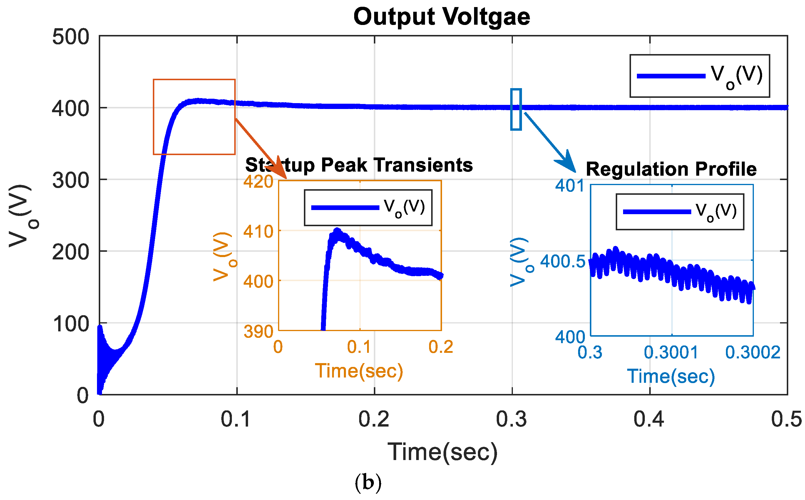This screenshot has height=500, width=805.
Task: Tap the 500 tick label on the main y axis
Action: (x=71, y=37)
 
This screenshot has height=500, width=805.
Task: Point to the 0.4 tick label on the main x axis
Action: (x=649, y=419)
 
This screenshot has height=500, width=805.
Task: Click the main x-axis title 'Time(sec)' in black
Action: (x=443, y=452)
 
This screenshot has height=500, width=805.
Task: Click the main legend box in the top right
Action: (x=699, y=76)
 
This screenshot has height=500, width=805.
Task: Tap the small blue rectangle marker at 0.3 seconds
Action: (x=516, y=109)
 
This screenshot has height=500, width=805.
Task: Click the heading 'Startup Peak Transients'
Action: (x=359, y=165)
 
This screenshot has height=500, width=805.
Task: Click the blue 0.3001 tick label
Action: (x=671, y=353)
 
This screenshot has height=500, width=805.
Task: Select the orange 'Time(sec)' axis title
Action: (x=359, y=371)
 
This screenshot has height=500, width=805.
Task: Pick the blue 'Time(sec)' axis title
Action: (x=671, y=376)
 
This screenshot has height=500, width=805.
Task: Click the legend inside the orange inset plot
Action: (x=368, y=208)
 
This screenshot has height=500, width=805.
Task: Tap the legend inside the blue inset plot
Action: (x=680, y=212)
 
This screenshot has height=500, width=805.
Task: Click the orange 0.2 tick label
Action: (x=441, y=347)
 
